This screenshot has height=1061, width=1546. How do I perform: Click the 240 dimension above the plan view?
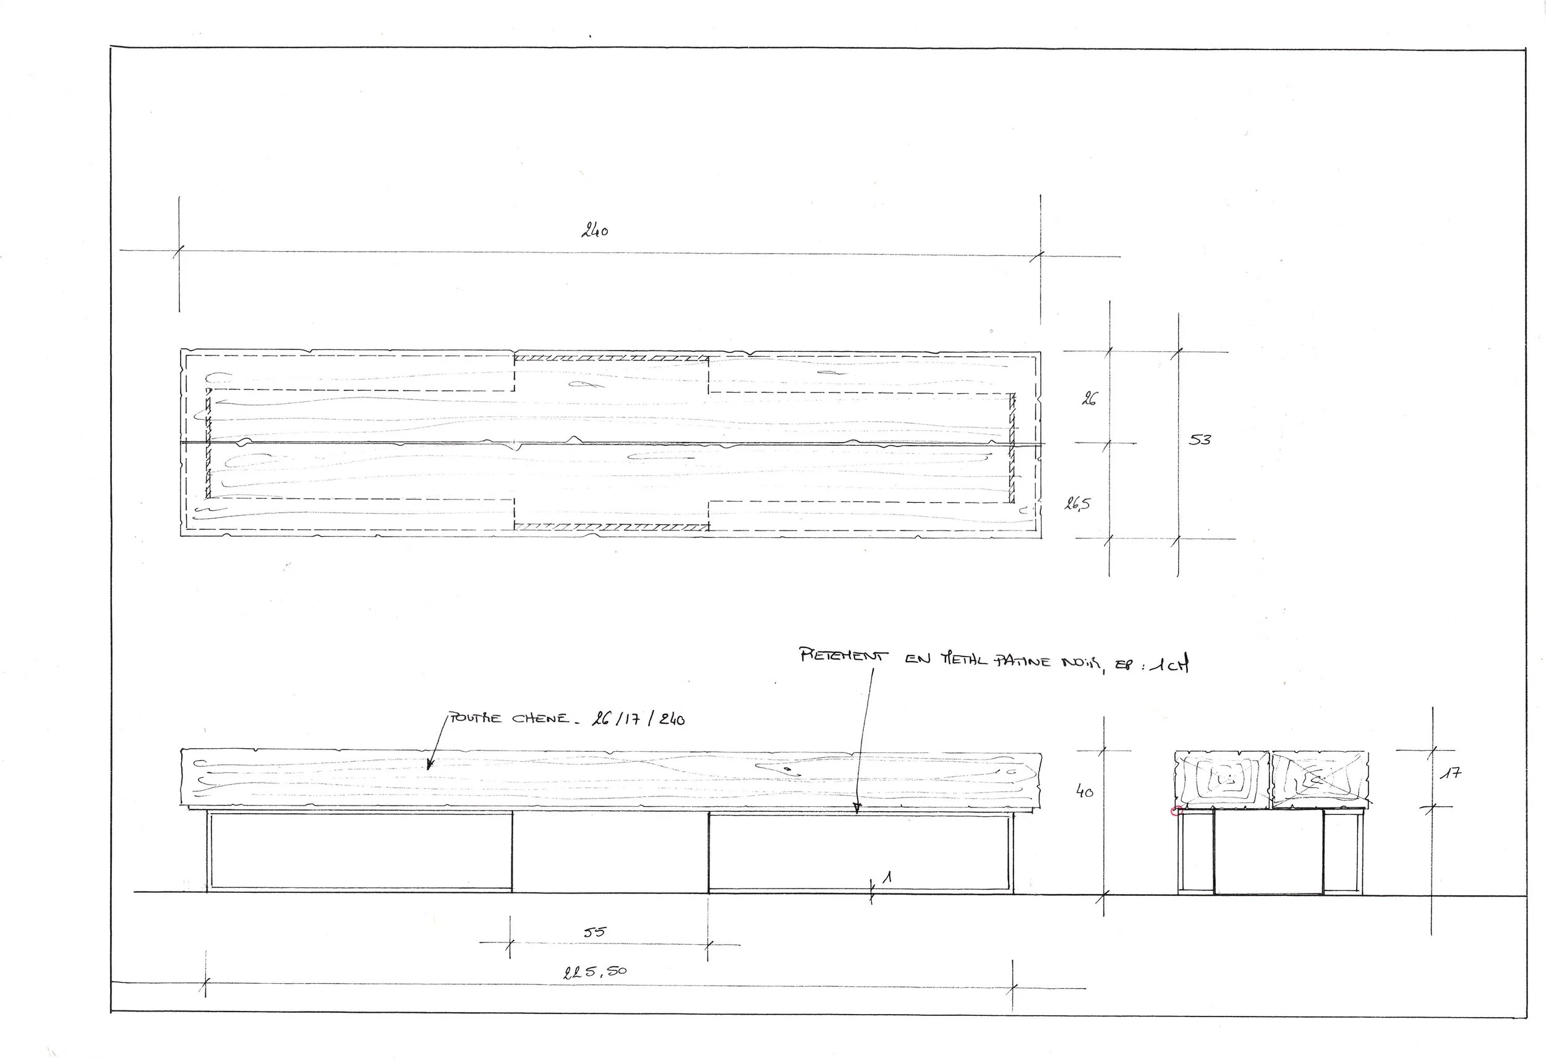[x=595, y=231]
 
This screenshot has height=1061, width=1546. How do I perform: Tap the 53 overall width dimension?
[x=1200, y=440]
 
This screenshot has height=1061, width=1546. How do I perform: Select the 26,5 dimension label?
[x=1077, y=505]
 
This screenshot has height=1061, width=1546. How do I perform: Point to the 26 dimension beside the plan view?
[x=1089, y=399]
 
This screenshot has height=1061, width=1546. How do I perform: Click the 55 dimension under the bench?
[x=595, y=932]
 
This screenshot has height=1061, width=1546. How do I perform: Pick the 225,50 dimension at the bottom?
[x=595, y=972]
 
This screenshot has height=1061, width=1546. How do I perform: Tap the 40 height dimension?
[x=1084, y=791]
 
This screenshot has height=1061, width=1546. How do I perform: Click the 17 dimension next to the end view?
[x=1452, y=773]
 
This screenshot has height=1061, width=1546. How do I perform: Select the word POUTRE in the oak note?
[x=476, y=718]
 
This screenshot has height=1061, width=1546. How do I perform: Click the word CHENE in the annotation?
[x=540, y=719]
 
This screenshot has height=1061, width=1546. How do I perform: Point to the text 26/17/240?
[x=638, y=719]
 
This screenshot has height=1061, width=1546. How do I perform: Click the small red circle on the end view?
[x=1176, y=810]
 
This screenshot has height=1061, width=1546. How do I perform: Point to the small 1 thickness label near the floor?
[x=887, y=878]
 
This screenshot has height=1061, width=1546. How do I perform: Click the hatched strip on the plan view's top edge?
[x=611, y=358]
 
